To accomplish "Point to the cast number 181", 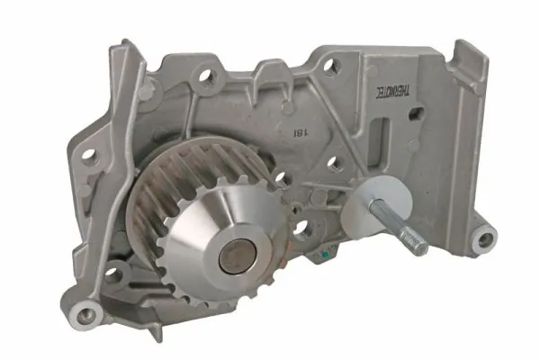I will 297,133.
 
